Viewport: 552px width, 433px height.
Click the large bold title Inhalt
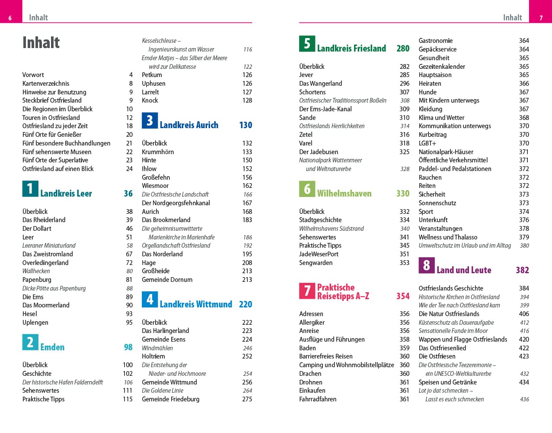pyautogui.click(x=41, y=42)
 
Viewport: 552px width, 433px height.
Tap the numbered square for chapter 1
pyautogui.click(x=30, y=189)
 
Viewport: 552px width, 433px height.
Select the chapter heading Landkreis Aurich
pyautogui.click(x=189, y=125)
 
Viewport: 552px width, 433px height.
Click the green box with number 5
pyautogui.click(x=307, y=44)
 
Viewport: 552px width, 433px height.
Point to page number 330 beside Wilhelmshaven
pyautogui.click(x=403, y=194)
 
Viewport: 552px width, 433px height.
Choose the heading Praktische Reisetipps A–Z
pyautogui.click(x=343, y=292)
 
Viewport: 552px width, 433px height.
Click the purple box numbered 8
pyautogui.click(x=426, y=265)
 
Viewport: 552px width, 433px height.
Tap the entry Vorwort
pyautogui.click(x=33, y=75)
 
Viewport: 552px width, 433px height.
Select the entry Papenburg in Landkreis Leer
pyautogui.click(x=37, y=280)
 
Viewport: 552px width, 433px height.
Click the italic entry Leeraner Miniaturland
pyautogui.click(x=49, y=246)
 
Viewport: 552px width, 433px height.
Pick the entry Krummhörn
pyautogui.click(x=158, y=152)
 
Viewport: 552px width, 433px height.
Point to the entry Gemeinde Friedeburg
pyautogui.click(x=170, y=399)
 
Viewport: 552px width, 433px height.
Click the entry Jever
pyautogui.click(x=306, y=75)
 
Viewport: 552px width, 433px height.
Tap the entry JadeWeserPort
pyautogui.click(x=319, y=254)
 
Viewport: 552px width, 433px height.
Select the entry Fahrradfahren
pyautogui.click(x=318, y=399)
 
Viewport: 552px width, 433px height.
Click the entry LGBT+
pyautogui.click(x=428, y=143)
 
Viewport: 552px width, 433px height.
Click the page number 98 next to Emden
pyautogui.click(x=128, y=347)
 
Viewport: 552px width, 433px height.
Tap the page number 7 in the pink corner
pyautogui.click(x=541, y=18)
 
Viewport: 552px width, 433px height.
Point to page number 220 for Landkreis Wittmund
pyautogui.click(x=246, y=304)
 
